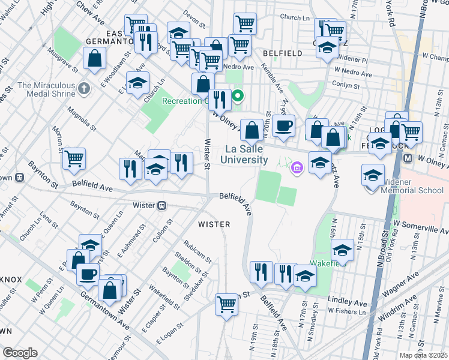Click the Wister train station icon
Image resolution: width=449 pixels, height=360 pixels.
point(161,205)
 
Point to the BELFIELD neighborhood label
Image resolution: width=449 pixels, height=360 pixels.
point(282,53)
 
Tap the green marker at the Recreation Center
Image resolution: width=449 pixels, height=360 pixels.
point(238,95)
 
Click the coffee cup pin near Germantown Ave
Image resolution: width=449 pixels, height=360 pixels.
point(88,274)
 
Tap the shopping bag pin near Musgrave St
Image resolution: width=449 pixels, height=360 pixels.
point(95,58)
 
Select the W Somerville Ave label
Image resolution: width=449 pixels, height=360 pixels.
point(421,227)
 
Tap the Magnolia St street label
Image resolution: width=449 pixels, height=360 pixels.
point(82,119)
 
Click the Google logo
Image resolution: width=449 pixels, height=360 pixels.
point(20,352)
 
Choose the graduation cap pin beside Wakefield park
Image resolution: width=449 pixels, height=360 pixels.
point(343,250)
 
